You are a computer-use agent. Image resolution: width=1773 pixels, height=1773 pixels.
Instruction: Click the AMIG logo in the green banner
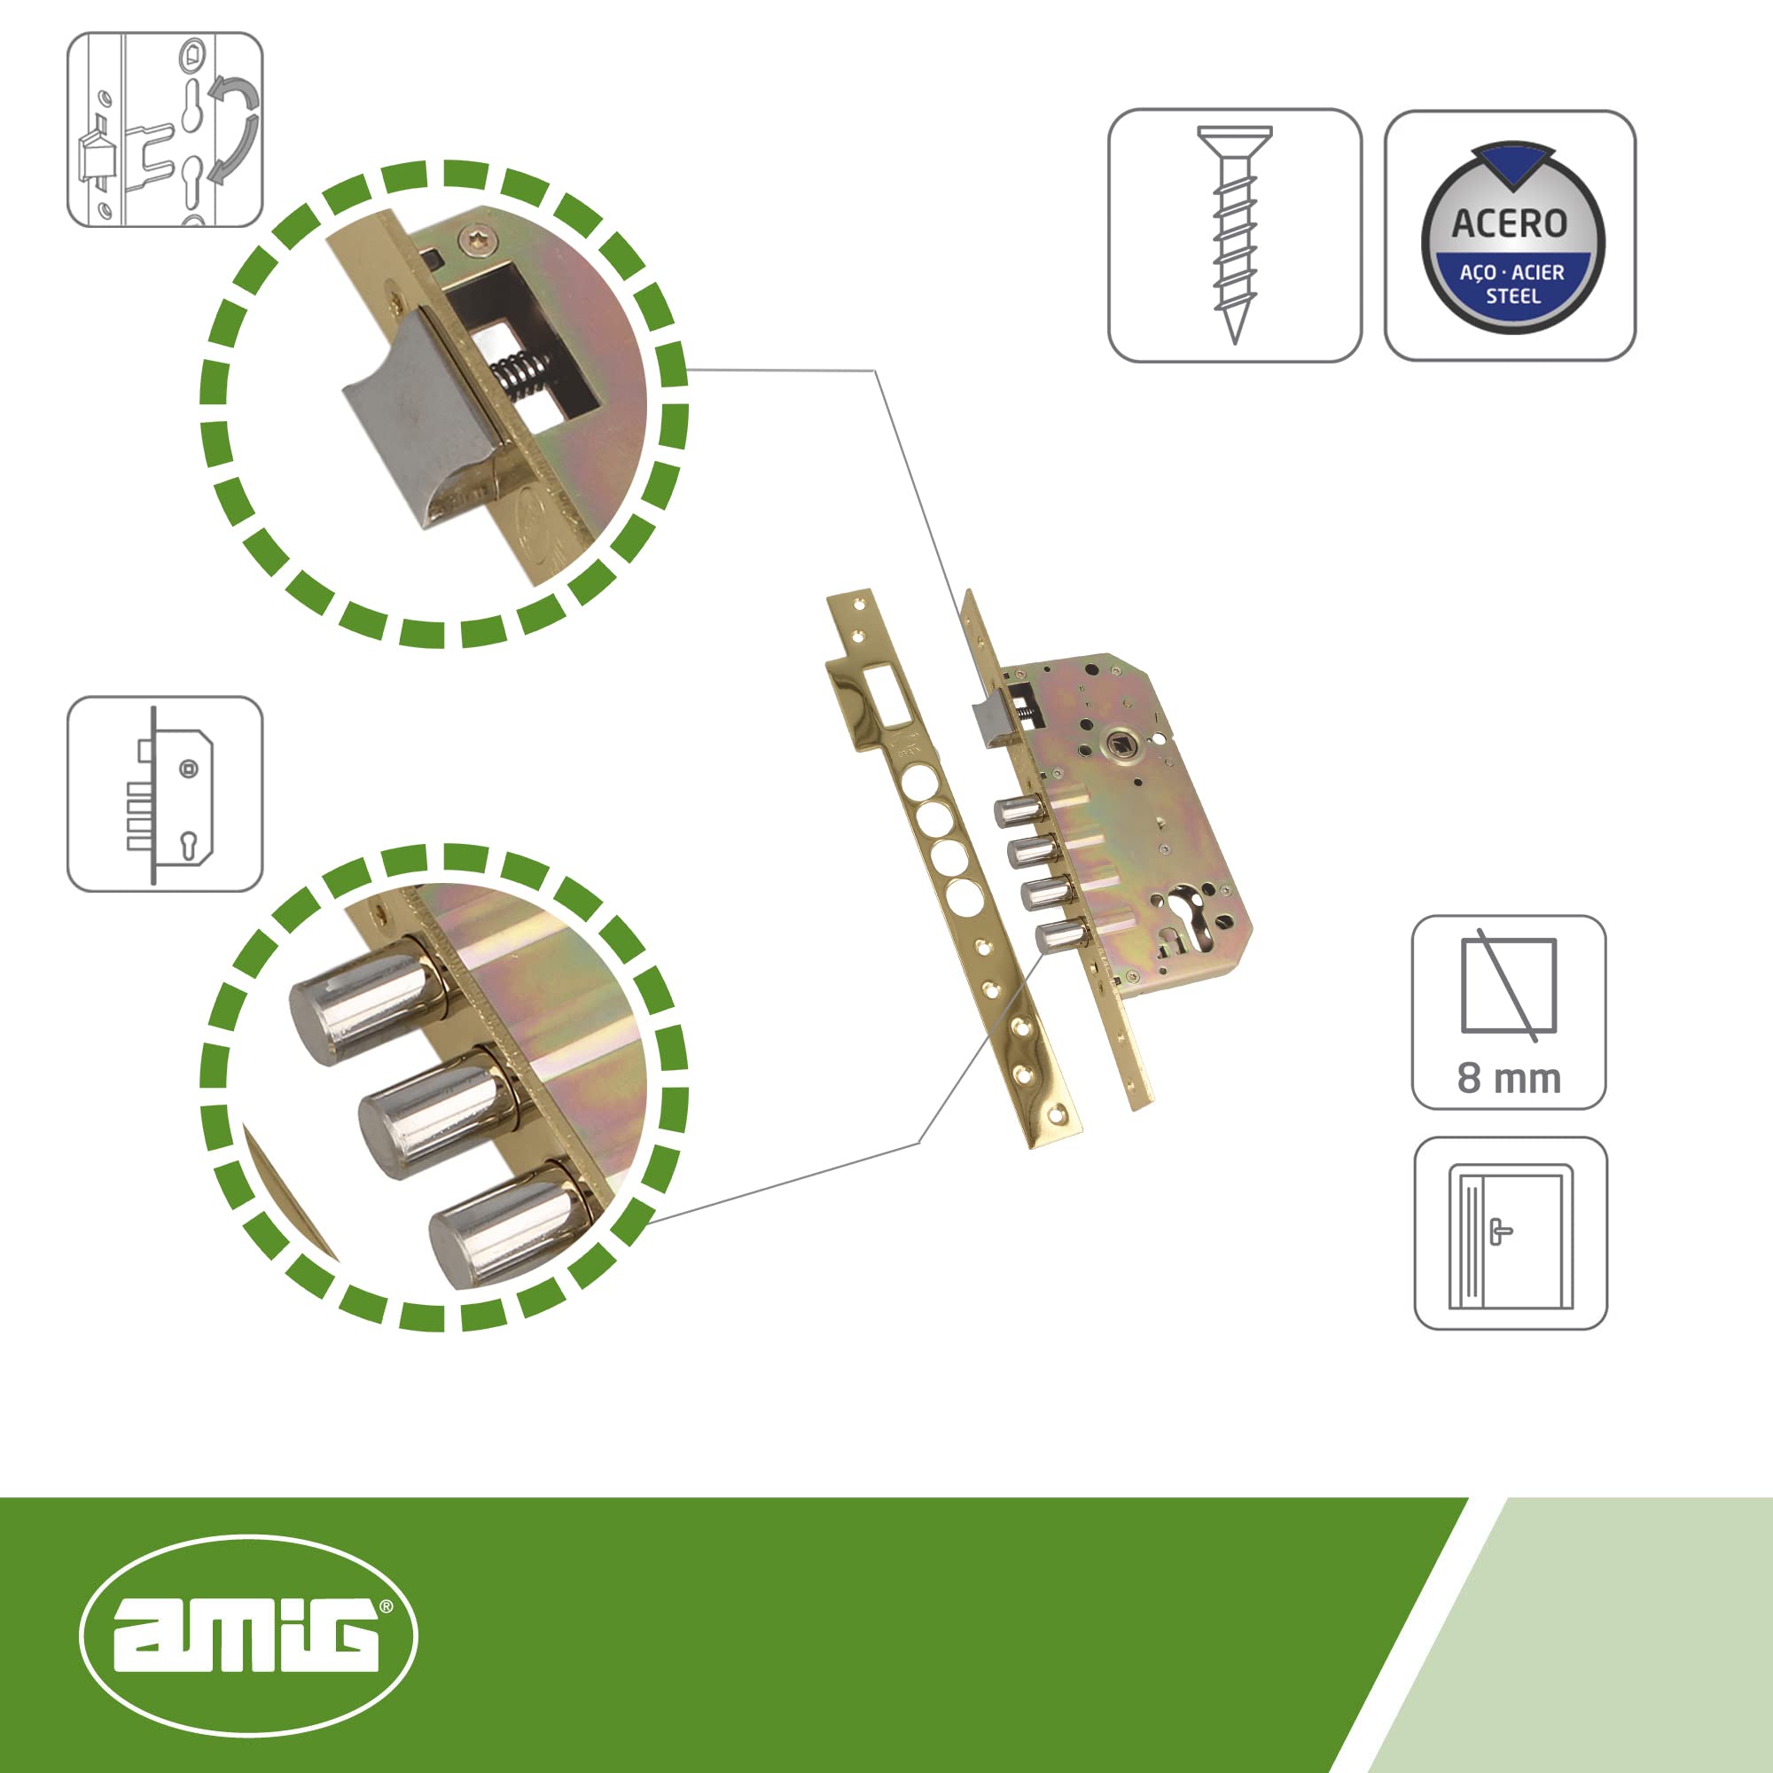(x=249, y=1636)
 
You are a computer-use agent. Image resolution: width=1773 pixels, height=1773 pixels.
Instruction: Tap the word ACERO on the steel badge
(x=1509, y=224)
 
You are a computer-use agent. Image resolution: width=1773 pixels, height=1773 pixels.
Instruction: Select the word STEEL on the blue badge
(x=1512, y=295)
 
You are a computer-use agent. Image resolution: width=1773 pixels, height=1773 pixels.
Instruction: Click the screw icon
(x=1234, y=234)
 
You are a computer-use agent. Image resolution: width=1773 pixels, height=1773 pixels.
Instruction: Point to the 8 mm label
(x=1509, y=1078)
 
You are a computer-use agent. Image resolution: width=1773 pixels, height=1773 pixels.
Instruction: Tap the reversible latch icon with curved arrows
(x=165, y=129)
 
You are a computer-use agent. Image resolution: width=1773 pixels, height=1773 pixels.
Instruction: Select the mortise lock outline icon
(x=165, y=793)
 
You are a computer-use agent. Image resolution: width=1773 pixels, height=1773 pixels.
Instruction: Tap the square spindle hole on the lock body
(x=1121, y=740)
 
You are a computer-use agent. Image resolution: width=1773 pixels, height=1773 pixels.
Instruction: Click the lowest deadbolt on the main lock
(x=1058, y=936)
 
